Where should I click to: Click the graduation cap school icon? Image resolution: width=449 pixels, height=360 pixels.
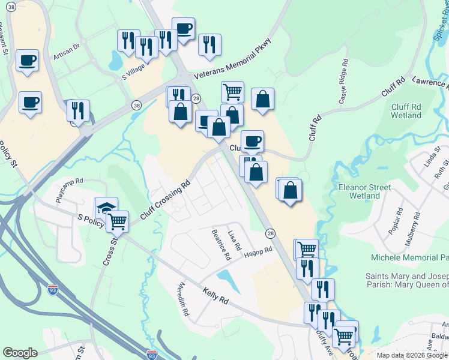106,207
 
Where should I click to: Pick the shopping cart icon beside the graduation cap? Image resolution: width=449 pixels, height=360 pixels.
117,221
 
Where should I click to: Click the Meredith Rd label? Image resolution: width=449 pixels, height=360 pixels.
184,301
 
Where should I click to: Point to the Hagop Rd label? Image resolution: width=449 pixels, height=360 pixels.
258,251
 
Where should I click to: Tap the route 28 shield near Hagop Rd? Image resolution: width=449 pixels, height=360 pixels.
271,233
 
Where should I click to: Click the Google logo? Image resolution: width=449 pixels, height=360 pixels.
20,353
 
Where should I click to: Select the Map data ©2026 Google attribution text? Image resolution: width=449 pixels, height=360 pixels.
412,355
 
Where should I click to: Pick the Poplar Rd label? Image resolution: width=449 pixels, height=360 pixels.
399,221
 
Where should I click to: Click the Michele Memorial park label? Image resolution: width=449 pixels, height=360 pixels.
410,257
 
